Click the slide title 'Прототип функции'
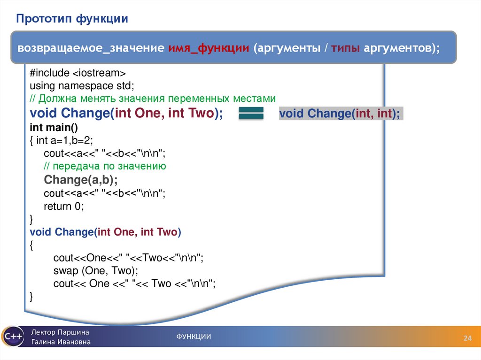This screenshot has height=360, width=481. (x=72, y=19)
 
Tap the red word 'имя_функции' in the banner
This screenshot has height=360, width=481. (x=209, y=48)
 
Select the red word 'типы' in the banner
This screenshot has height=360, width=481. (x=345, y=48)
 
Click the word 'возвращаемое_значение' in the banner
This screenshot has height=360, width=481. (x=91, y=48)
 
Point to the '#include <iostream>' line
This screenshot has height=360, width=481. (x=78, y=73)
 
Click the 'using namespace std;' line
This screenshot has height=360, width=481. (x=82, y=86)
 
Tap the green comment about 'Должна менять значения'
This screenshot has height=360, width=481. (x=153, y=99)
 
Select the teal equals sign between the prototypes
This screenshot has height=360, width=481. (x=251, y=113)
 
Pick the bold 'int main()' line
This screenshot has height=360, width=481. (x=54, y=127)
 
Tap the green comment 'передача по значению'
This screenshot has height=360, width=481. (x=105, y=166)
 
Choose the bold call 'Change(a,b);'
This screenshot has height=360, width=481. (x=81, y=180)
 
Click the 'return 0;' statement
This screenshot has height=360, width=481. (x=64, y=207)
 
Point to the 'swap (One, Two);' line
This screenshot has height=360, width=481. (x=96, y=271)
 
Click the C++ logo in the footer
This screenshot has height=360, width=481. (x=12, y=337)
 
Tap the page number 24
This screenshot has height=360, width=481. (x=467, y=338)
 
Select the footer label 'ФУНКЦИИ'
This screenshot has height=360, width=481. (x=194, y=337)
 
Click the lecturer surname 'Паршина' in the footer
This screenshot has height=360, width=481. (x=73, y=332)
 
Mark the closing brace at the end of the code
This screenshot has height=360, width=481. (x=31, y=297)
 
